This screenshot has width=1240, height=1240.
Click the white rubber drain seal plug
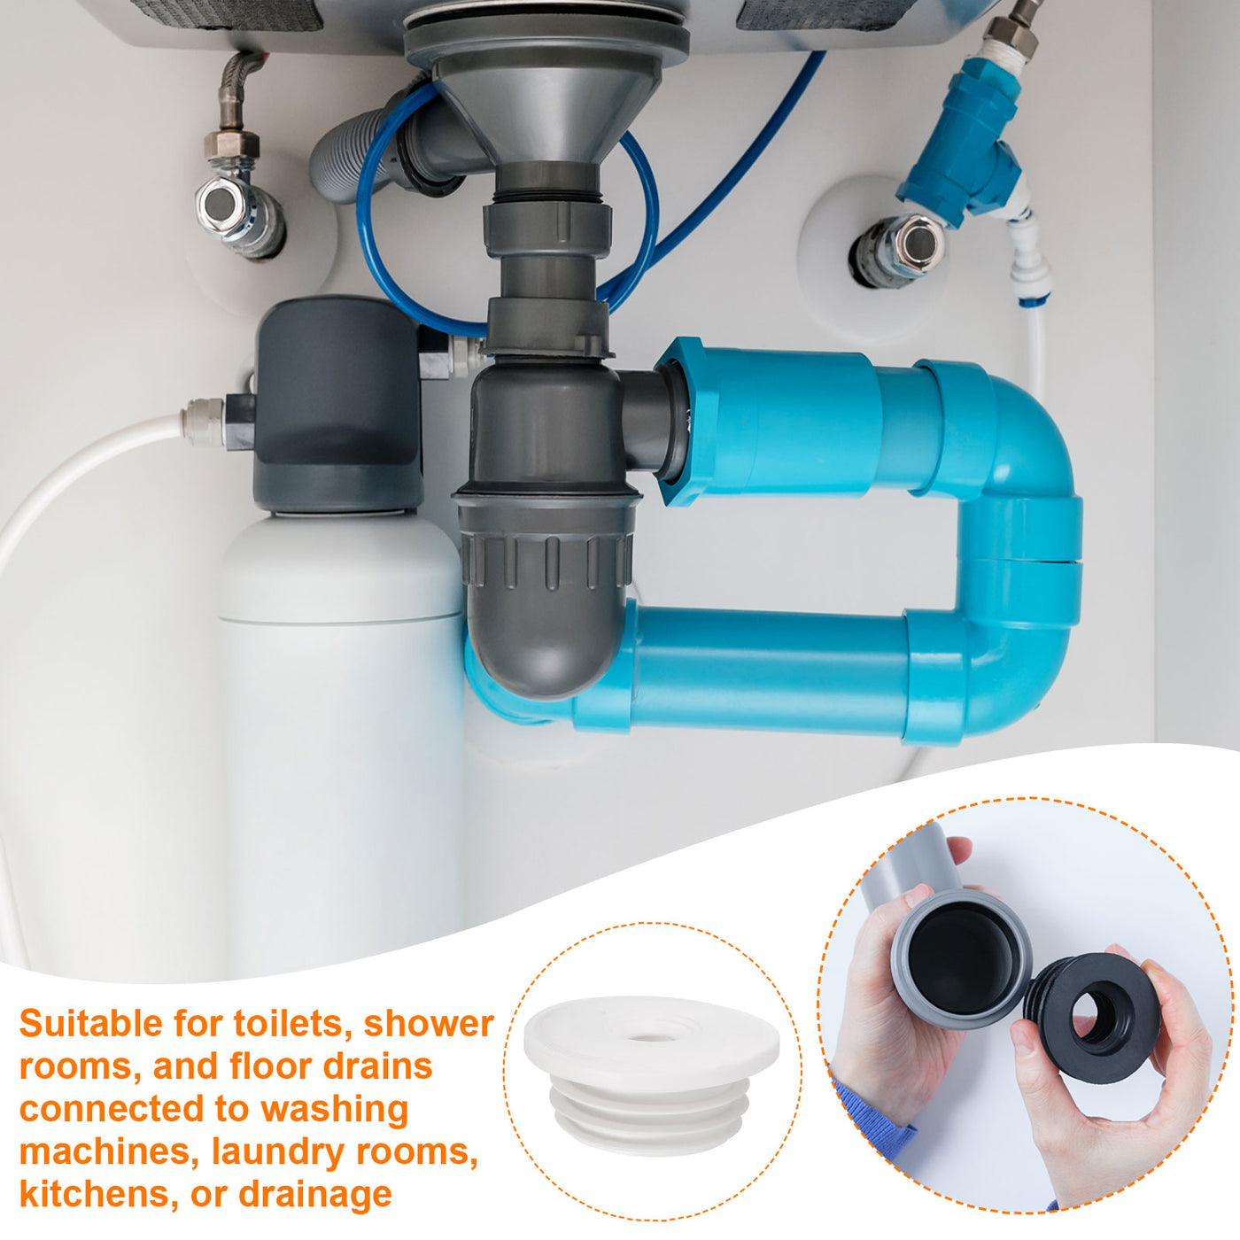coord(651,1076)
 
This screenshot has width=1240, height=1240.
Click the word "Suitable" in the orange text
coord(90,1023)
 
